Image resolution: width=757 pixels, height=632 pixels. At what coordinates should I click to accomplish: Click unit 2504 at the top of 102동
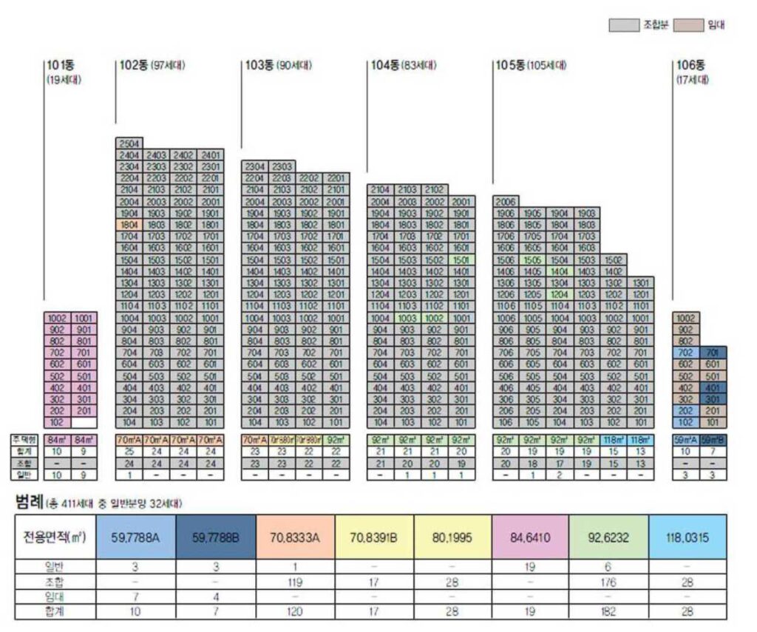click(x=129, y=143)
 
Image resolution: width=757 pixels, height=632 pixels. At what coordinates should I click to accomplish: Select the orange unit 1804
click(x=129, y=225)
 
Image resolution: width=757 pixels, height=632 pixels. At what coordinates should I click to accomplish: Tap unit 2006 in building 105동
click(x=506, y=201)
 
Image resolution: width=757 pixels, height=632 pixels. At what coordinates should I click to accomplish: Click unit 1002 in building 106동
click(x=685, y=319)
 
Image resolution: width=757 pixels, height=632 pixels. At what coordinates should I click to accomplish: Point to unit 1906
click(x=506, y=213)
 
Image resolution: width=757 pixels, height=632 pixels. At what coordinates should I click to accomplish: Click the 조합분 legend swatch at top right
click(x=622, y=25)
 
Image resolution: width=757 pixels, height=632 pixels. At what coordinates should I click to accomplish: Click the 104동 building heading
click(x=386, y=65)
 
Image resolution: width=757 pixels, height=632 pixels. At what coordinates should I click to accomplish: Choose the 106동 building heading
click(x=690, y=65)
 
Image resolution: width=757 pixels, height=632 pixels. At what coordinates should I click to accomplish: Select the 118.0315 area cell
click(x=688, y=537)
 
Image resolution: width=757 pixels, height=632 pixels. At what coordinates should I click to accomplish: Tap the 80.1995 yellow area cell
click(x=451, y=537)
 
